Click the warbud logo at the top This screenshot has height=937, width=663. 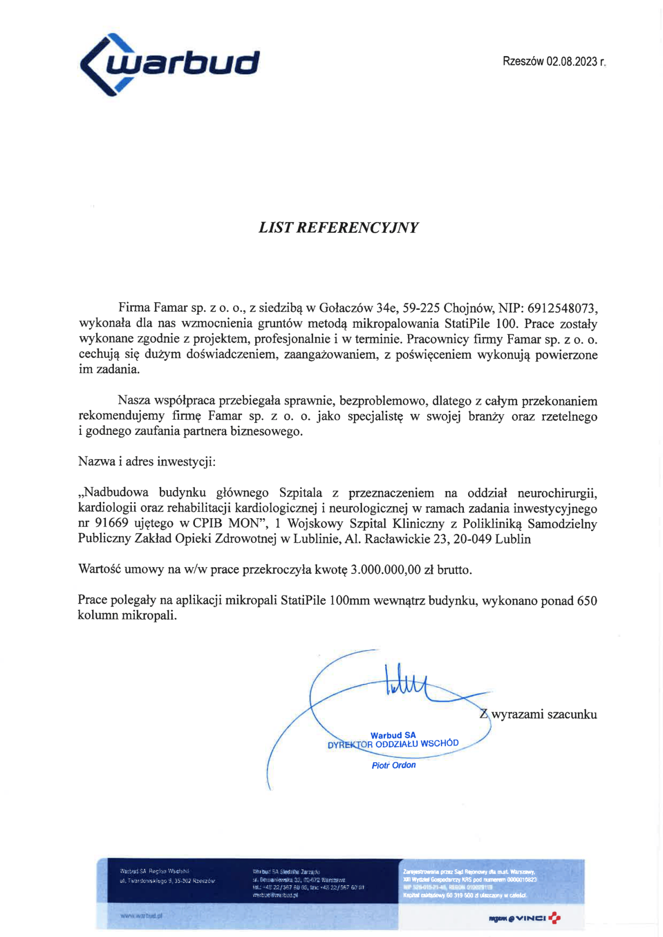[x=169, y=65]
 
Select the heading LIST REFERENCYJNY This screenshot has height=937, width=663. [x=338, y=227]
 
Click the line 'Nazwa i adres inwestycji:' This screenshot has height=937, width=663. [x=147, y=461]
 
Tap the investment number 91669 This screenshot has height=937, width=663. [x=111, y=523]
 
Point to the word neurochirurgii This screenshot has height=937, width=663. [x=557, y=492]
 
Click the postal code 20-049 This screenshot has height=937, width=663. [x=475, y=539]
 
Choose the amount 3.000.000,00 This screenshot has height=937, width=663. [x=386, y=570]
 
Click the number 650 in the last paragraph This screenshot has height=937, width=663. [x=586, y=600]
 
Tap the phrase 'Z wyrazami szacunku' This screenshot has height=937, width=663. [x=538, y=714]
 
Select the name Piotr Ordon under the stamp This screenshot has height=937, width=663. [x=394, y=765]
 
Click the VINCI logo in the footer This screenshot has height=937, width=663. [x=531, y=918]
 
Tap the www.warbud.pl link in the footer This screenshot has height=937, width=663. [x=141, y=916]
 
